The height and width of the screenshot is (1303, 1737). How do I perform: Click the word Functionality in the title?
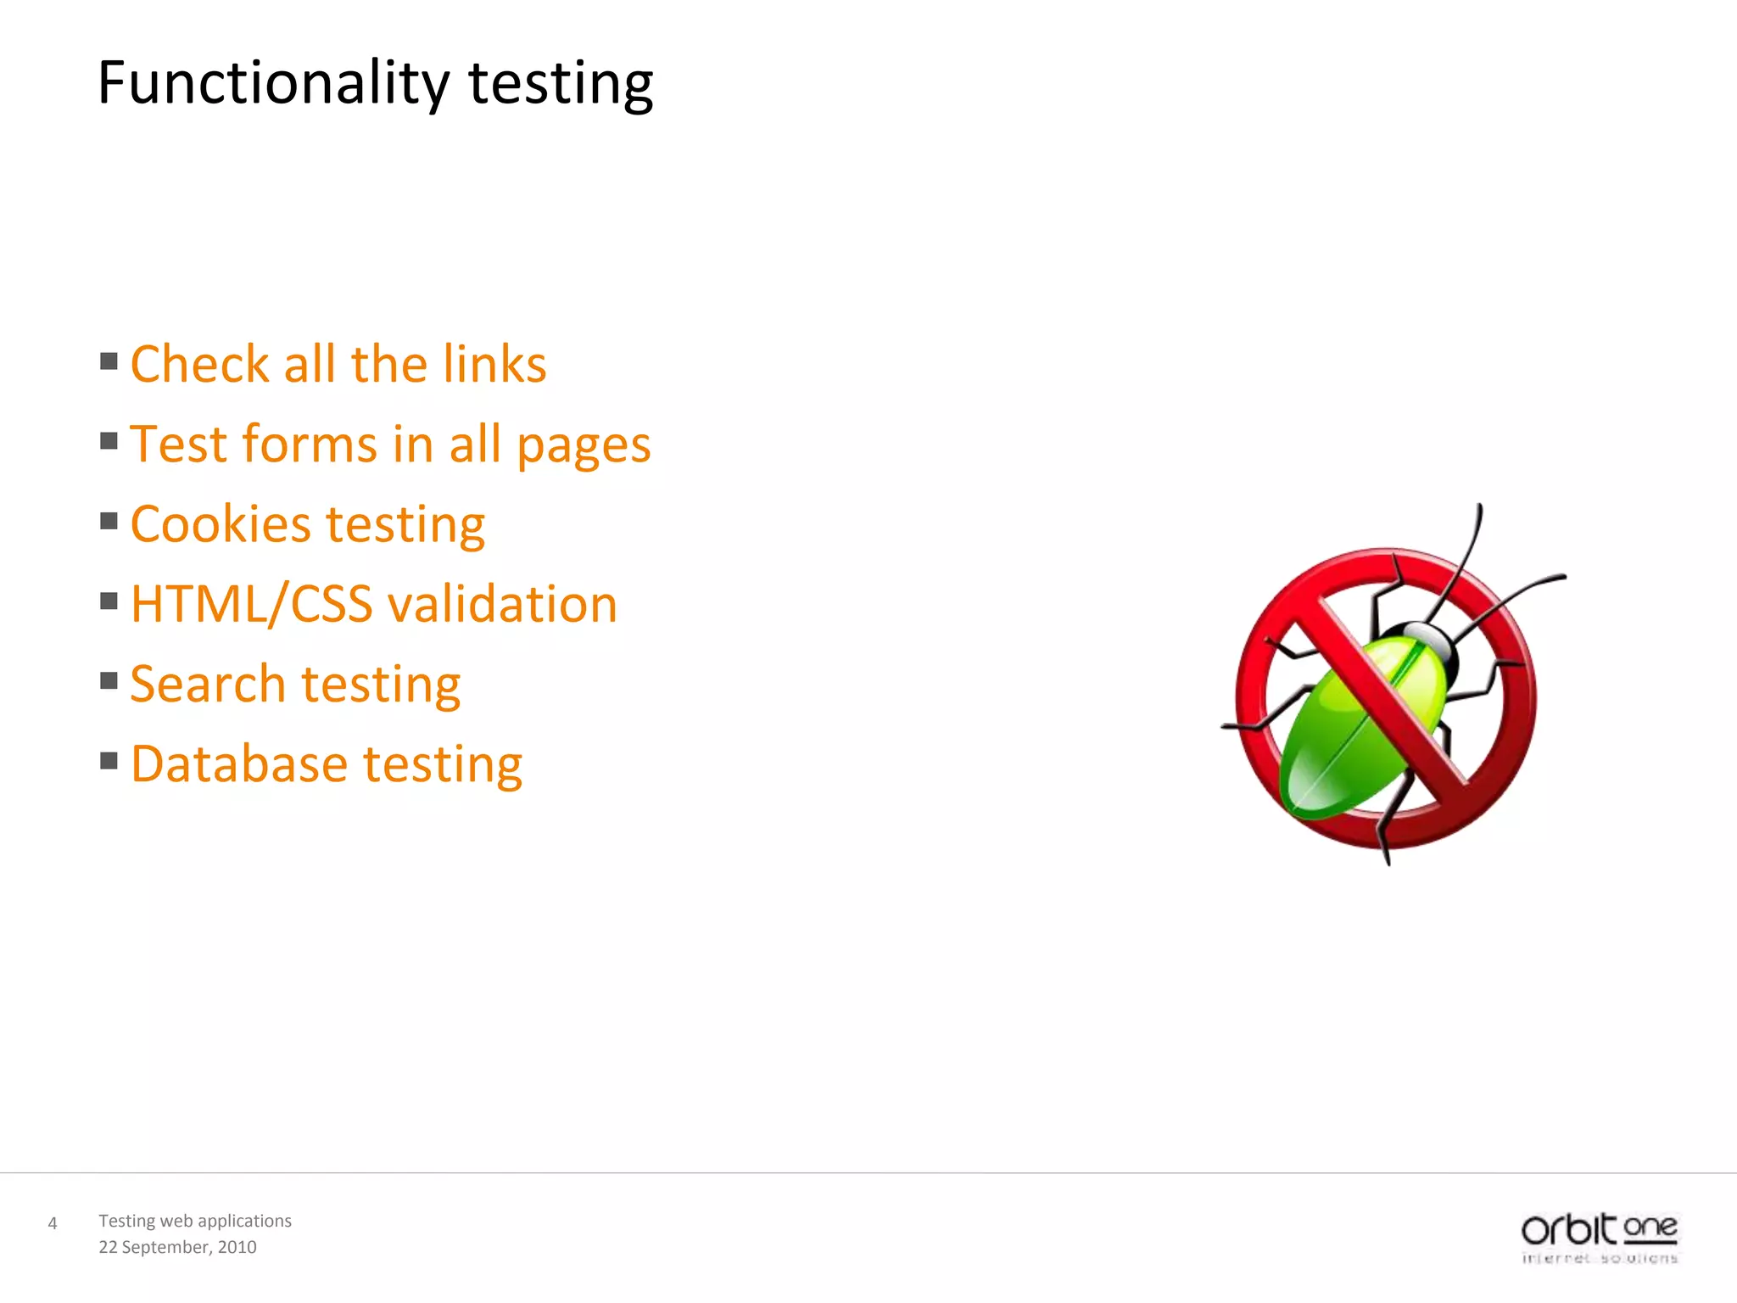(273, 83)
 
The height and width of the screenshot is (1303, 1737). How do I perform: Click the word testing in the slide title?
(561, 85)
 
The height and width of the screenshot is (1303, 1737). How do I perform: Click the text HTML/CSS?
(251, 604)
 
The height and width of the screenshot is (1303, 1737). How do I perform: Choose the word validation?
(502, 604)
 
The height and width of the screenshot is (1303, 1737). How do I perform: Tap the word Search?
(208, 684)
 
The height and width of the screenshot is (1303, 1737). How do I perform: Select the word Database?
(239, 763)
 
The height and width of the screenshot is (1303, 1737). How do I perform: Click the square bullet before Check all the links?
(109, 362)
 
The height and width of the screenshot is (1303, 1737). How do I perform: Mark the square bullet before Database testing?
(109, 761)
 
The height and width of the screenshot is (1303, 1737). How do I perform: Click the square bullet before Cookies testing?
(109, 521)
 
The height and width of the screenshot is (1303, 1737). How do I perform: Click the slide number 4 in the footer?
(53, 1223)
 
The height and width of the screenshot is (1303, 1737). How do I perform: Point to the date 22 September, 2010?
(177, 1247)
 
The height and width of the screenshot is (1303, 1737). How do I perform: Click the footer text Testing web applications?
(195, 1221)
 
